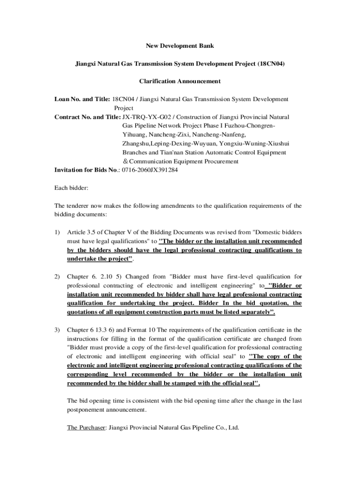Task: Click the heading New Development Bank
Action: [x=180, y=46]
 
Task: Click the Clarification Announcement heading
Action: [x=180, y=81]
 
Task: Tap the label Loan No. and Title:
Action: [x=82, y=99]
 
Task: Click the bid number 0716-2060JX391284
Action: [x=150, y=170]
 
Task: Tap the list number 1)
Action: [x=58, y=232]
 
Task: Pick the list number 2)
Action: [x=58, y=277]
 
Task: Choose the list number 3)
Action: [x=58, y=330]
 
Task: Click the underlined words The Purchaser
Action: [x=86, y=428]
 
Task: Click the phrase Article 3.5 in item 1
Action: [x=82, y=232]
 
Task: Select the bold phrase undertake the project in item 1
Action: [x=98, y=259]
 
